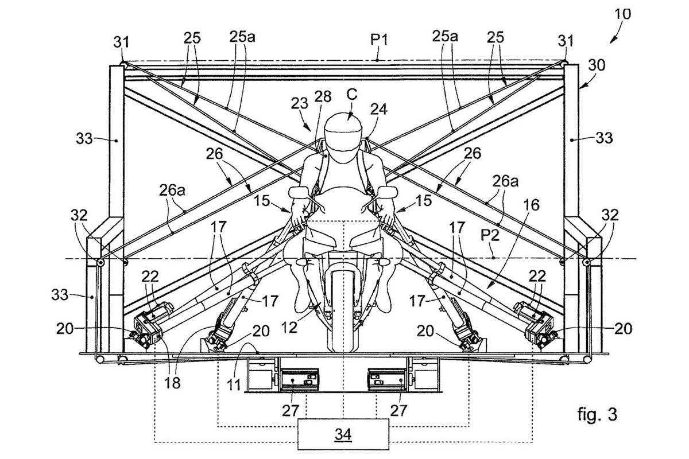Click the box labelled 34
[x=343, y=434]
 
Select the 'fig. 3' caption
[x=597, y=414]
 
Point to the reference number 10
[x=622, y=14]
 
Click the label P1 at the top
[x=380, y=40]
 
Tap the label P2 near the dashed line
[x=490, y=236]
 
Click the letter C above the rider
[x=352, y=94]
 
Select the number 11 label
[x=234, y=384]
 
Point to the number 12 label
[x=289, y=328]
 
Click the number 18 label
[x=173, y=383]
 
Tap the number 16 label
[x=532, y=205]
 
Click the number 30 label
[x=597, y=65]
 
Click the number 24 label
[x=379, y=109]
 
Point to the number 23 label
[x=299, y=103]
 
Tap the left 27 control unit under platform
[x=299, y=380]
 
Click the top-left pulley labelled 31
[x=122, y=64]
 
